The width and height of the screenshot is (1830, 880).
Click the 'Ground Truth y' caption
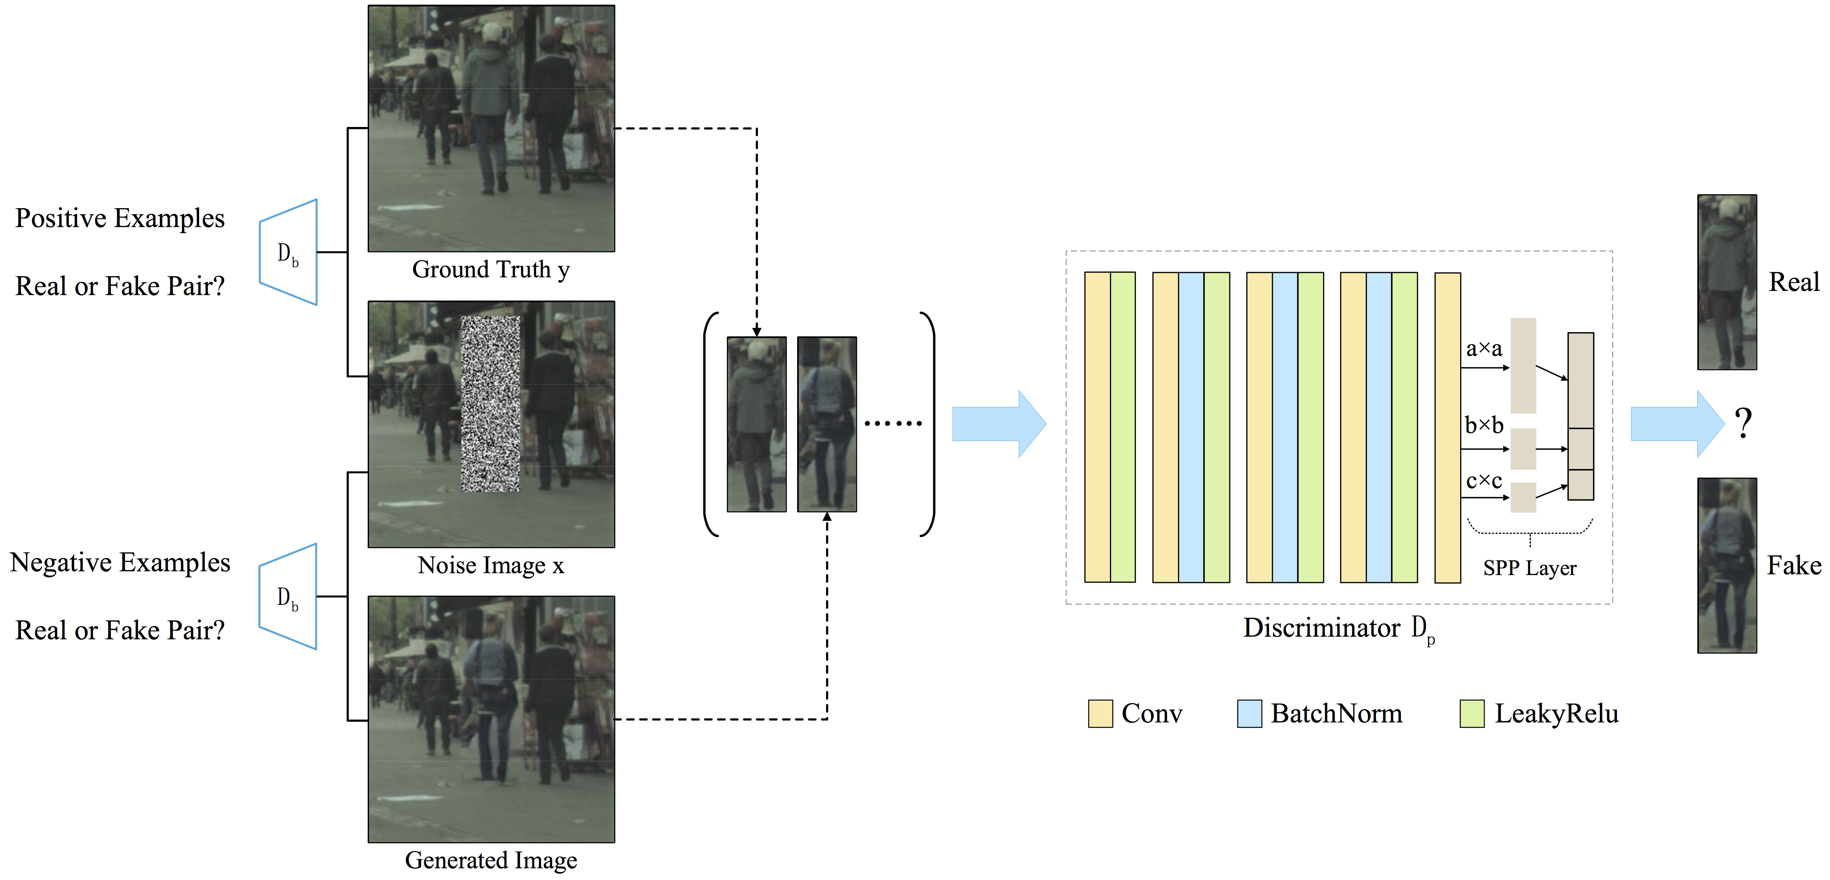490,270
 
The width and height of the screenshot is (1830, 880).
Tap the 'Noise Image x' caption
490,565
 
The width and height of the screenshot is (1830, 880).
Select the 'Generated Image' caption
490,860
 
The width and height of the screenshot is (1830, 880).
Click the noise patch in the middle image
490,404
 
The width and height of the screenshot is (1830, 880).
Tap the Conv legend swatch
1100,713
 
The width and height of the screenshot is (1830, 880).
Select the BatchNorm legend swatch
1249,713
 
